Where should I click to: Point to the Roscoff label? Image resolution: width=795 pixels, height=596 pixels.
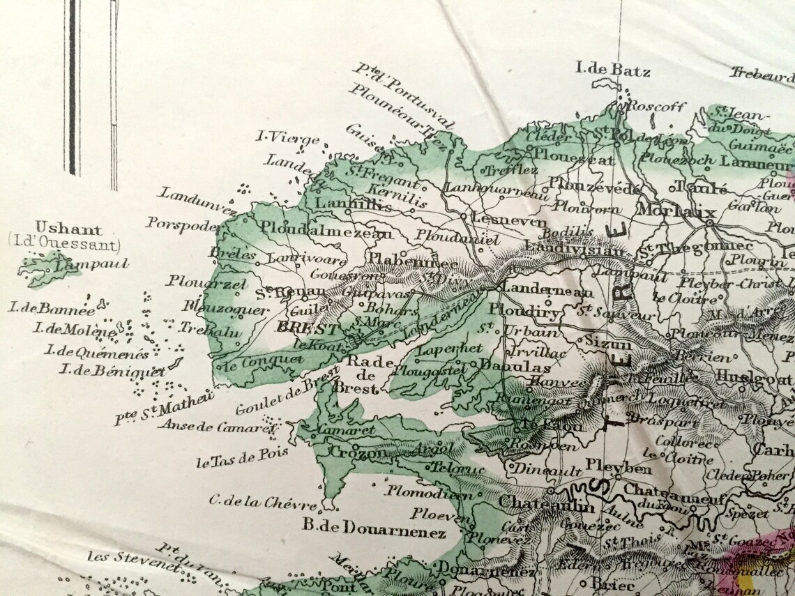pos(657,106)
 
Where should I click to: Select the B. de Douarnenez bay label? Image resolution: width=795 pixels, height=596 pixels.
pos(374,533)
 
